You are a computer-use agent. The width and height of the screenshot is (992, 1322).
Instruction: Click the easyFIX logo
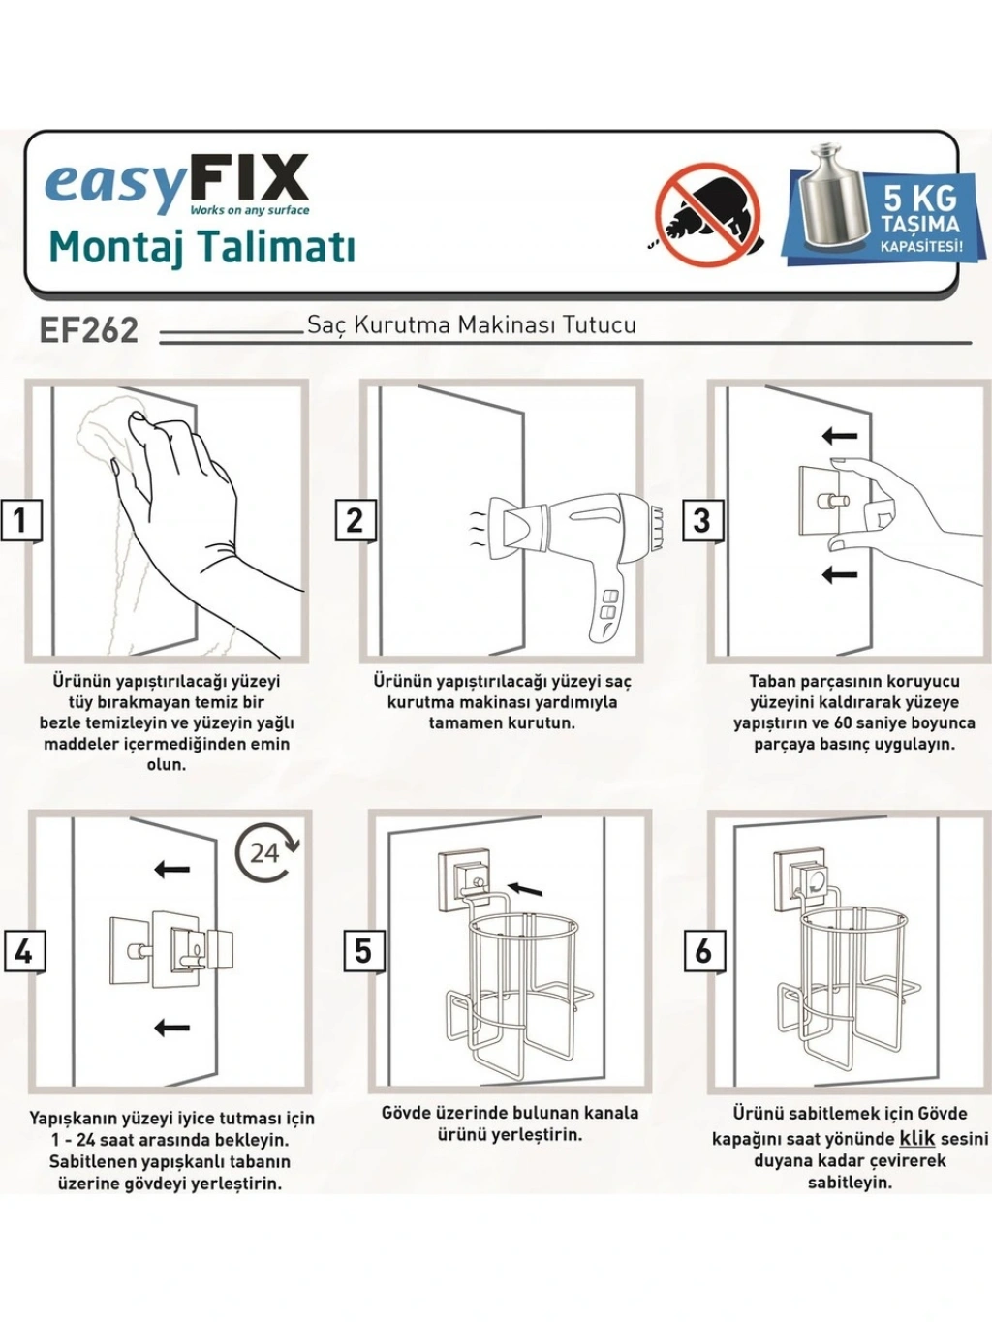tap(177, 184)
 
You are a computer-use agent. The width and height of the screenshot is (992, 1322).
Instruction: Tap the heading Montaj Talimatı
tap(201, 247)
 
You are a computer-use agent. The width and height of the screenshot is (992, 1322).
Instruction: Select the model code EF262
tap(88, 330)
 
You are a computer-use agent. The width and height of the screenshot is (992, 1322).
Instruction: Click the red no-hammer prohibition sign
tap(708, 214)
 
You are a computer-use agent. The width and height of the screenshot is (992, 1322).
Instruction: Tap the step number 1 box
tap(20, 520)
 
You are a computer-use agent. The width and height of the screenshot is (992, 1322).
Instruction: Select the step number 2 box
tap(355, 520)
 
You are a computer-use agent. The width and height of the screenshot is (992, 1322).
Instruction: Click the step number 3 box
tap(701, 520)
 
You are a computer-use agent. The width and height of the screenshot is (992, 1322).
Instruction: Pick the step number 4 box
tap(24, 952)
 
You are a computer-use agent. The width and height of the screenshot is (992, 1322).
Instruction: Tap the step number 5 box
tap(363, 951)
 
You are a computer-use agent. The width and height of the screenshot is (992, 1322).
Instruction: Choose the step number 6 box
tap(703, 951)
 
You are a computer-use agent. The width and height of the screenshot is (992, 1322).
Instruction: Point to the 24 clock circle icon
tap(266, 853)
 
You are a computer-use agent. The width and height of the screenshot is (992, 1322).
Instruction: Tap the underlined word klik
tap(916, 1139)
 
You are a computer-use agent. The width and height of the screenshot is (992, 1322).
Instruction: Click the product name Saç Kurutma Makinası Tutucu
tap(472, 325)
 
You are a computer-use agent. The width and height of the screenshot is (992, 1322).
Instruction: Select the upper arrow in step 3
tap(840, 436)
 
